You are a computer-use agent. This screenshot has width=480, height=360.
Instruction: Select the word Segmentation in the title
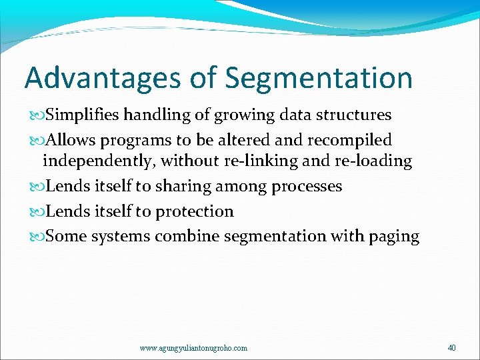coord(319,78)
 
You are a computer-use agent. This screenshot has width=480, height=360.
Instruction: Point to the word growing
coord(244,115)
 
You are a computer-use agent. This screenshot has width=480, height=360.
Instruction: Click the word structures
coord(353,115)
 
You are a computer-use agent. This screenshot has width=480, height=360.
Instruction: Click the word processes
coord(307,187)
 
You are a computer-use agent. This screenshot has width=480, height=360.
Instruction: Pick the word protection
coord(195,212)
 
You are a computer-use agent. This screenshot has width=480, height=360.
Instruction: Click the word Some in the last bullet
coord(66,237)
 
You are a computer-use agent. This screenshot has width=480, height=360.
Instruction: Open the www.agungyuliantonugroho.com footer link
coord(193,348)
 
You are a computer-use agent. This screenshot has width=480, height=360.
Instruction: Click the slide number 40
coord(452,347)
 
